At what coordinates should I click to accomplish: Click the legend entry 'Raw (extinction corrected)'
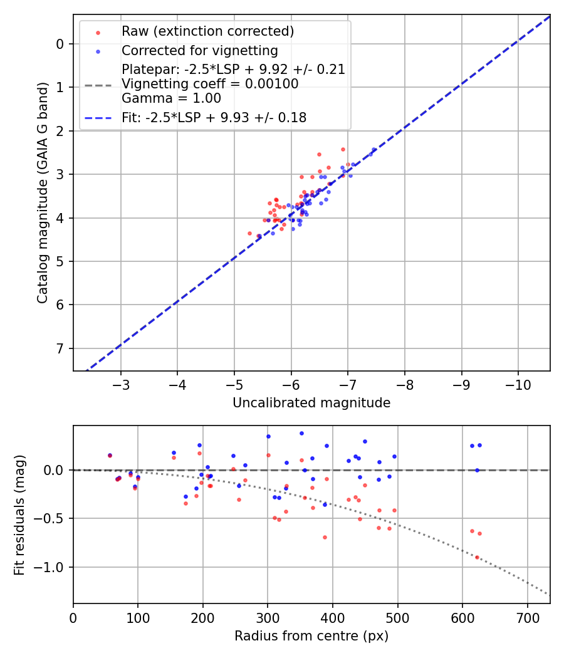[207, 31]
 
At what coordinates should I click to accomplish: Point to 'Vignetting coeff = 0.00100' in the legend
[210, 84]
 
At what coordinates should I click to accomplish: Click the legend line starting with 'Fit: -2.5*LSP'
[214, 118]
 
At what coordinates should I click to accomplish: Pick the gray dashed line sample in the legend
[98, 85]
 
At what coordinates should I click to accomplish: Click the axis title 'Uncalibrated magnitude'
[311, 403]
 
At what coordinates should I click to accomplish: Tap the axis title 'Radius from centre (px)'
[311, 636]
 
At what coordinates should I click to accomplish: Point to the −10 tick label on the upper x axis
[518, 383]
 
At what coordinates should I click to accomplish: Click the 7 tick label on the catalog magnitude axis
[60, 348]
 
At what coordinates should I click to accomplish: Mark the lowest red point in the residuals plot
[477, 557]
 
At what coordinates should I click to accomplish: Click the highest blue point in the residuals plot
[301, 433]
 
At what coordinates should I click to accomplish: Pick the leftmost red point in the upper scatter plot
[249, 233]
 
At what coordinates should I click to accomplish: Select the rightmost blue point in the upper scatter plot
[374, 149]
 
